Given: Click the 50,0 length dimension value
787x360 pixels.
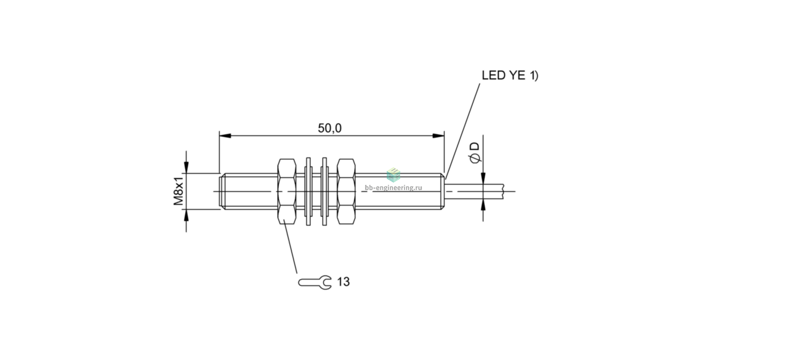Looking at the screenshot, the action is pyautogui.click(x=330, y=128).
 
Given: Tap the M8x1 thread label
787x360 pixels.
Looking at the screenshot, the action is pyautogui.click(x=179, y=191).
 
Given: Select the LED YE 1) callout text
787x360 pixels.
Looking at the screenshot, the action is pyautogui.click(x=510, y=75).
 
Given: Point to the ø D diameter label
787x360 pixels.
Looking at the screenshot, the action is pyautogui.click(x=475, y=152).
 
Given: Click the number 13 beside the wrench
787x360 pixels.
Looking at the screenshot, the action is pyautogui.click(x=343, y=282).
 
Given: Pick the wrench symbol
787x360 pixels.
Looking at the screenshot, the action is pyautogui.click(x=315, y=282).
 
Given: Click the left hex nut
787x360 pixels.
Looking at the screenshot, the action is pyautogui.click(x=287, y=191).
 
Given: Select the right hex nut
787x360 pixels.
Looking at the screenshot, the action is pyautogui.click(x=346, y=191).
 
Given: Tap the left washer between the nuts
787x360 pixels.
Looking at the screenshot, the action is pyautogui.click(x=309, y=191).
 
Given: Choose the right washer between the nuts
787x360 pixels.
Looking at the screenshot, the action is pyautogui.click(x=324, y=191).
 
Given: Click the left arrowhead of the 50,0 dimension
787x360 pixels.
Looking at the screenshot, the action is pyautogui.click(x=225, y=136).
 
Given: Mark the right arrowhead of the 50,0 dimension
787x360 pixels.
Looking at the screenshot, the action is pyautogui.click(x=438, y=136).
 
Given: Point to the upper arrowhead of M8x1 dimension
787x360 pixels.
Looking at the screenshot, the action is pyautogui.click(x=186, y=167).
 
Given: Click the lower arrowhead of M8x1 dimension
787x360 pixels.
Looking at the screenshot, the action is pyautogui.click(x=186, y=216).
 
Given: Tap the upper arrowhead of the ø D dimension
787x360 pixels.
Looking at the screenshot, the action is pyautogui.click(x=483, y=177).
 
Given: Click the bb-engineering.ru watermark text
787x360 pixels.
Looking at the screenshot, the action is pyautogui.click(x=393, y=188).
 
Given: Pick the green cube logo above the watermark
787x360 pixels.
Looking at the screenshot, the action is pyautogui.click(x=393, y=175).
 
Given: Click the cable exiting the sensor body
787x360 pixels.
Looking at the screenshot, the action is pyautogui.click(x=474, y=191).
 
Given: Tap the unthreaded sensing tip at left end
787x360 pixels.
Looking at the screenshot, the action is pyautogui.click(x=222, y=191).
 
